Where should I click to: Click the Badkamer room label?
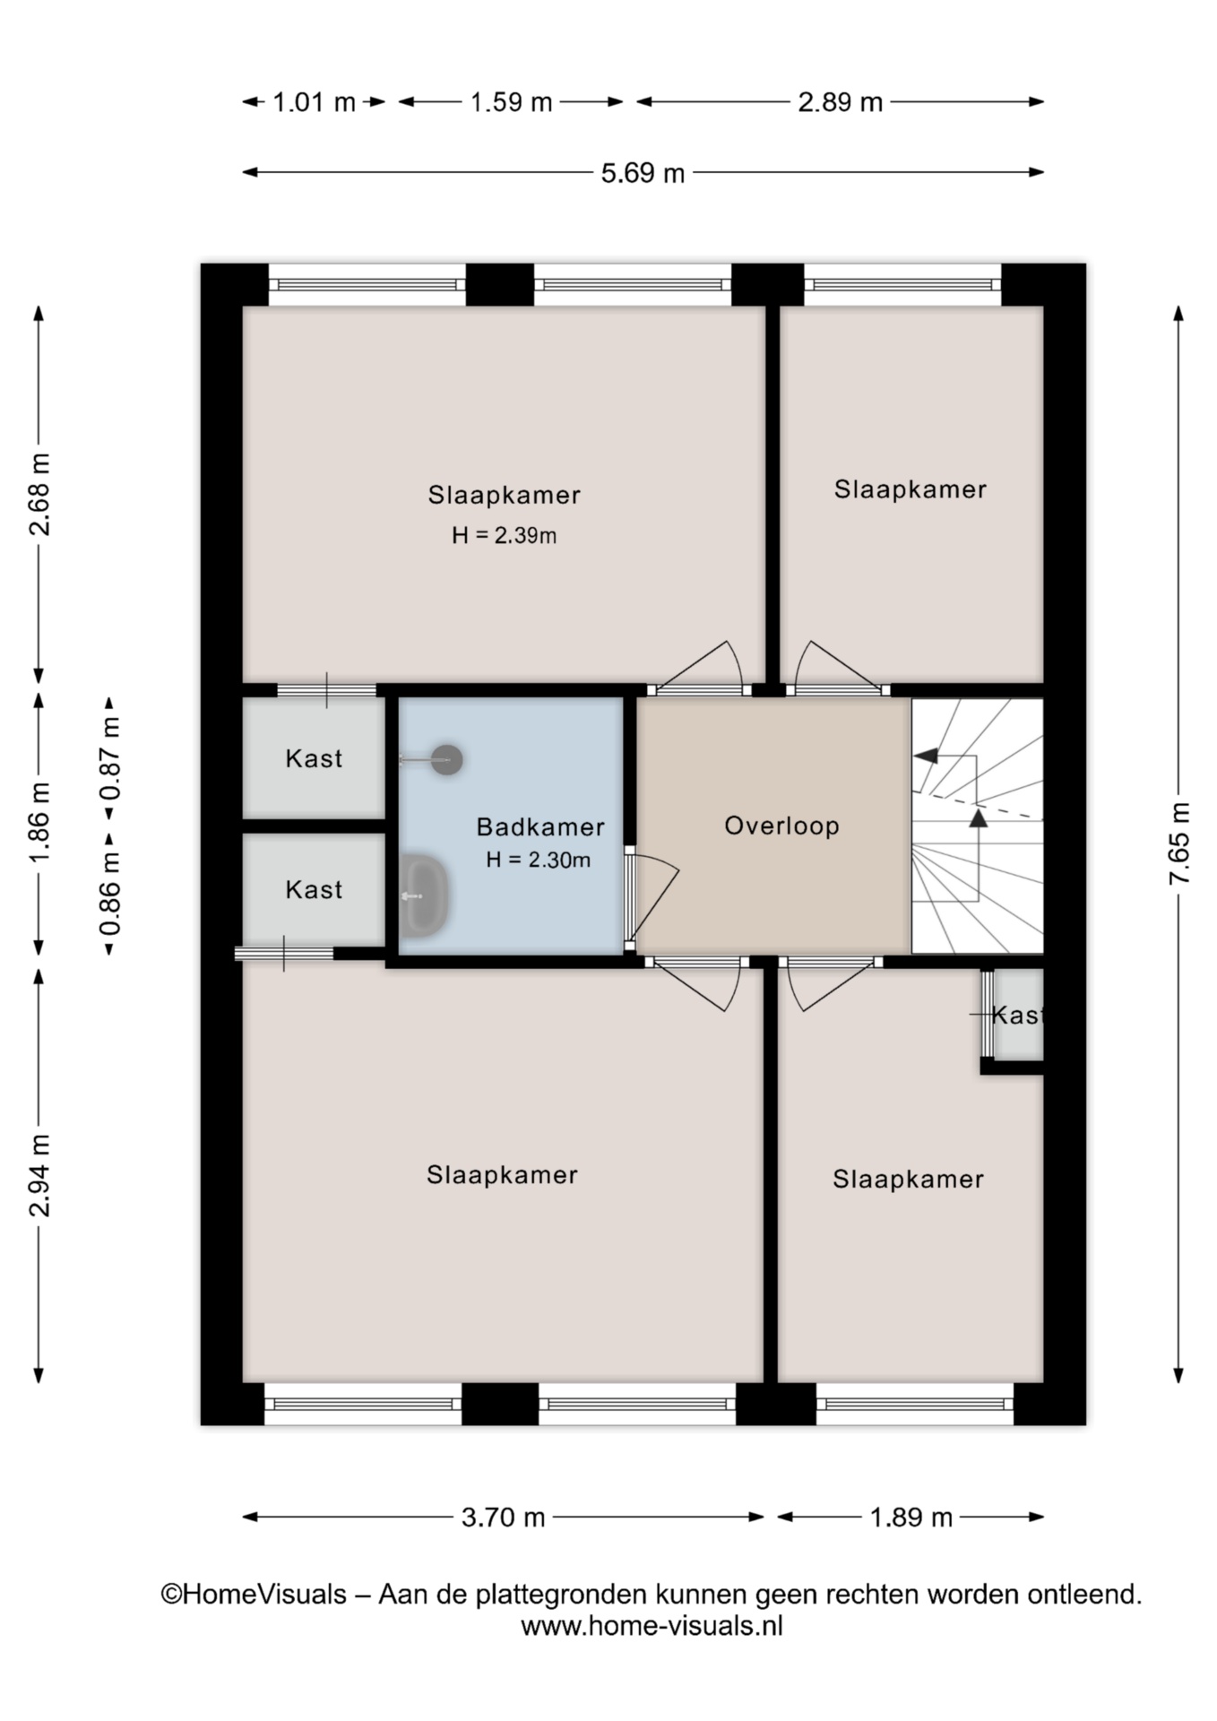point(539,826)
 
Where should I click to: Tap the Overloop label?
point(781,826)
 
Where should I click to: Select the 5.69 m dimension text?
point(643,173)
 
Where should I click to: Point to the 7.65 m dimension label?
point(1179,843)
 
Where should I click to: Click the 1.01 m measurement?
point(314,102)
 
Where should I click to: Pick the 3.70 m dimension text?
point(503,1518)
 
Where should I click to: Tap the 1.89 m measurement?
point(911,1518)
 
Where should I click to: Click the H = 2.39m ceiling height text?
point(504,536)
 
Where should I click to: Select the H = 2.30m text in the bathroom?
point(538,860)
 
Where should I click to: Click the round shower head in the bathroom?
point(446,760)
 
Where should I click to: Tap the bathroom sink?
point(424,895)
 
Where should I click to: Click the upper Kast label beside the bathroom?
point(314,759)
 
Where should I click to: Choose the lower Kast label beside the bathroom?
point(314,890)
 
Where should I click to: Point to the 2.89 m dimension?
point(840,102)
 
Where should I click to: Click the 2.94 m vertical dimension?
point(40,1174)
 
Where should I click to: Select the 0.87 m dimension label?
point(110,758)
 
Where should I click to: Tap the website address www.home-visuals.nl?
point(652,1626)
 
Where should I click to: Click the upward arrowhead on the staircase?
point(979,817)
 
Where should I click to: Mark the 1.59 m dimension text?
point(511,102)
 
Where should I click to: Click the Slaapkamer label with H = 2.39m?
point(504,495)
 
